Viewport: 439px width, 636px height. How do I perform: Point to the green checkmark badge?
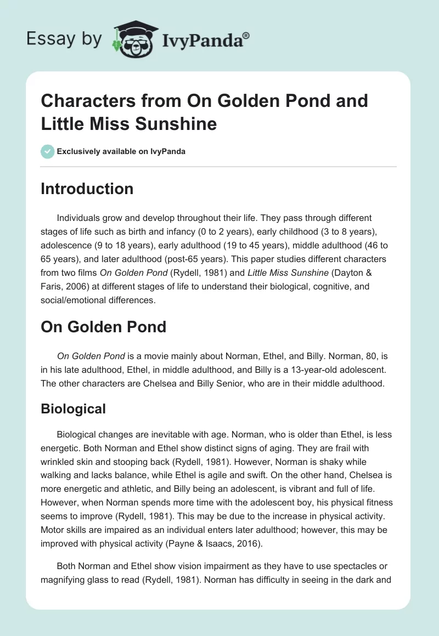coord(48,151)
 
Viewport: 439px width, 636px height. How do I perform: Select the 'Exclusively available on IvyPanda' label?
coord(121,151)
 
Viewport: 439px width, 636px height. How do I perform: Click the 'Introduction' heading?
coord(87,189)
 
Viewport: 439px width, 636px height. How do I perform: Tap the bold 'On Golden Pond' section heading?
coord(103,327)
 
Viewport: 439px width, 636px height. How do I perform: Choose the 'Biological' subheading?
coord(73,408)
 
